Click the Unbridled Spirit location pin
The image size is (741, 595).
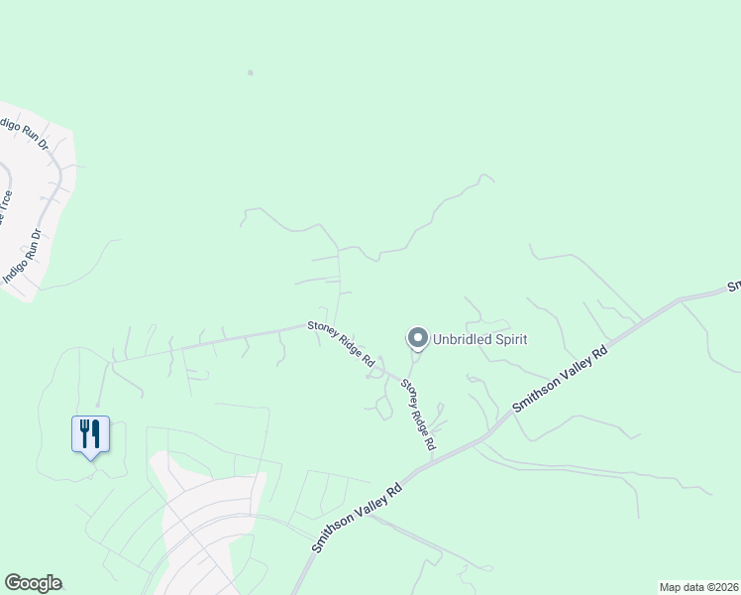[417, 339]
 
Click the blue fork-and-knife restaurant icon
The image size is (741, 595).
[90, 434]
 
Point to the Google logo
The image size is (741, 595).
[33, 583]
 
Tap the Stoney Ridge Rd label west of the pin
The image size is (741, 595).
[340, 341]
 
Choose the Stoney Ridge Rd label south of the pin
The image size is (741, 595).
[418, 416]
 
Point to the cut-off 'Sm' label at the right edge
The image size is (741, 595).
[734, 287]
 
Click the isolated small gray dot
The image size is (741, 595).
[251, 72]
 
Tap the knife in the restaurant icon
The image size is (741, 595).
[95, 432]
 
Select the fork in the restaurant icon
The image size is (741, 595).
[85, 431]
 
